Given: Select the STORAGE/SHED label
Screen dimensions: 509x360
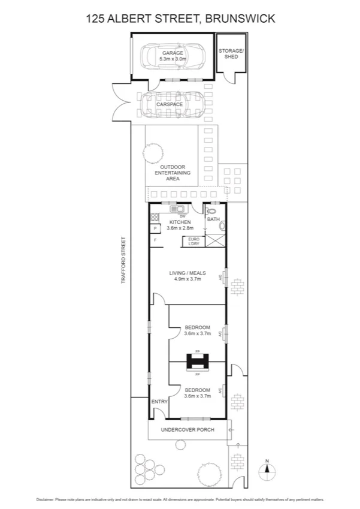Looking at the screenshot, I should tap(231, 53).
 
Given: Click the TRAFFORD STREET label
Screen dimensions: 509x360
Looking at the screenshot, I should tap(124, 261).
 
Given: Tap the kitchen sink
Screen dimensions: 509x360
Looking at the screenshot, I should tap(178, 210).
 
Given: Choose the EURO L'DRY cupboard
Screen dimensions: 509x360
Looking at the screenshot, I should tap(193, 241).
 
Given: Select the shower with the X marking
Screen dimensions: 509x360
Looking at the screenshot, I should tap(214, 241).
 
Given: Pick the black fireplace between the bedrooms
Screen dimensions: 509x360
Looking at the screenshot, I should tap(198, 361).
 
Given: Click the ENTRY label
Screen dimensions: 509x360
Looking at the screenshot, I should tap(159, 401).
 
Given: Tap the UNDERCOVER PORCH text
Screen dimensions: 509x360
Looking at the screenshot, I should tap(189, 430).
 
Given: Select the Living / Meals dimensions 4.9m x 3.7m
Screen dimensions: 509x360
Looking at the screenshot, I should tap(187, 279).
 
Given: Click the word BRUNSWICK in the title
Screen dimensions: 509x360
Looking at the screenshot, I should tap(240, 19).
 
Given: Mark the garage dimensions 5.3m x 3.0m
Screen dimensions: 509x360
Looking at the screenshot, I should tap(172, 59).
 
